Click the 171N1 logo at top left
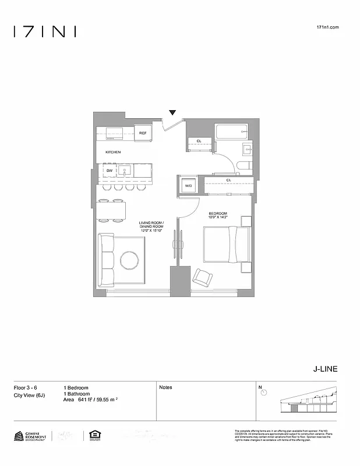45,31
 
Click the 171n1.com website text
327,27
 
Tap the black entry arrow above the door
172,112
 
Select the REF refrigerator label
143,133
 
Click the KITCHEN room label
113,152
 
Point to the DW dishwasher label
109,171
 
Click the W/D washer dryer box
188,185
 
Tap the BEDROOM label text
218,213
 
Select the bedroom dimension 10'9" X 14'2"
218,218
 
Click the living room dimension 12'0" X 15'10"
151,231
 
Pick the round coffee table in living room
130,259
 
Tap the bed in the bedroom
226,245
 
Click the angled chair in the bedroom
203,277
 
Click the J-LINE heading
325,369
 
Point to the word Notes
165,387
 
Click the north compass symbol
264,393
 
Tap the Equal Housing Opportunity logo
92,435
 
